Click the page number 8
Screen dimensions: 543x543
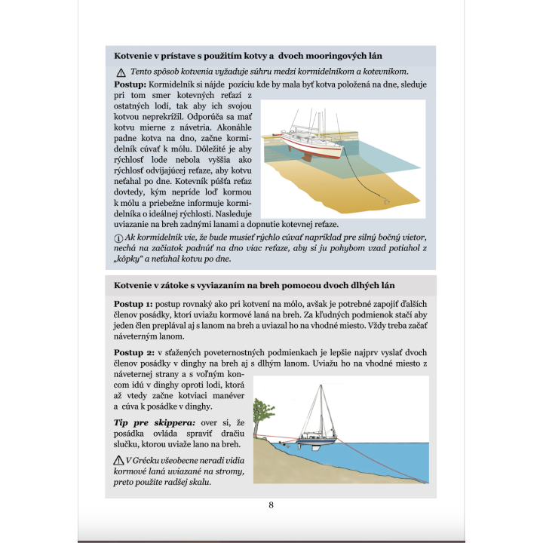pyautogui.click(x=271, y=505)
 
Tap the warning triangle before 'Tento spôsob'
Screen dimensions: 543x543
pyautogui.click(x=121, y=72)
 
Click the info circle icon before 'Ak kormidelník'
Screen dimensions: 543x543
pyautogui.click(x=118, y=237)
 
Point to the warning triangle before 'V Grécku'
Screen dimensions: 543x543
pyautogui.click(x=118, y=459)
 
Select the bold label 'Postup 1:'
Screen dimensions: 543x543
pyautogui.click(x=133, y=303)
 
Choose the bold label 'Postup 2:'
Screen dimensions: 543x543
pyautogui.click(x=133, y=352)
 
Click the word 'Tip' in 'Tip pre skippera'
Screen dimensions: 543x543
pyautogui.click(x=123, y=422)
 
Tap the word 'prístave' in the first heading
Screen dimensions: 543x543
pyautogui.click(x=182, y=57)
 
